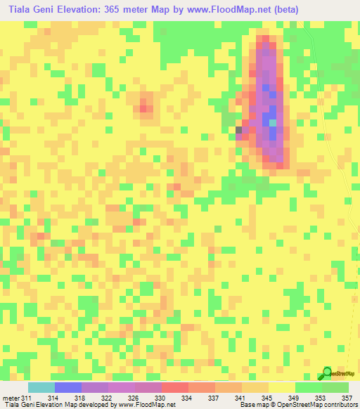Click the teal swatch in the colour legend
[41, 387]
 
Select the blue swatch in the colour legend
[68, 387]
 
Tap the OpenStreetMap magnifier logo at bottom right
[327, 373]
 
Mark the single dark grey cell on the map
[238, 130]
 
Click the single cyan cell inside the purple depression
[273, 122]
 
